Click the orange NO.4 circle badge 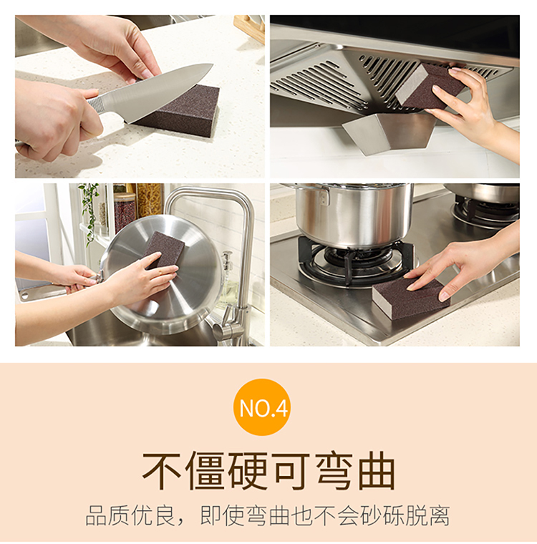pyautogui.click(x=262, y=407)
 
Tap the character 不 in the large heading pyautogui.click(x=163, y=470)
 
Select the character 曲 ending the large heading pyautogui.click(x=377, y=470)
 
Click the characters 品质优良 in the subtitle pyautogui.click(x=130, y=515)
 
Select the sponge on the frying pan pyautogui.click(x=163, y=249)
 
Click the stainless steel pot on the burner pyautogui.click(x=352, y=215)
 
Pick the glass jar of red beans pyautogui.click(x=125, y=212)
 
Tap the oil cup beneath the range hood pyautogui.click(x=389, y=133)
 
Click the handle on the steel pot pyautogui.click(x=324, y=195)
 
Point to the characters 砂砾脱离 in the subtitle pyautogui.click(x=405, y=515)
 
